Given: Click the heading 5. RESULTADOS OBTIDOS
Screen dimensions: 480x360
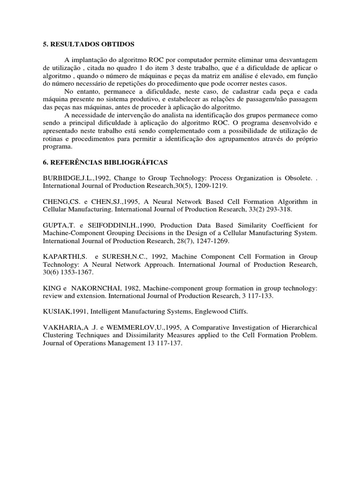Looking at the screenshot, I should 89,44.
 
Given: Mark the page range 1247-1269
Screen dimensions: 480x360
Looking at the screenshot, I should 194,241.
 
